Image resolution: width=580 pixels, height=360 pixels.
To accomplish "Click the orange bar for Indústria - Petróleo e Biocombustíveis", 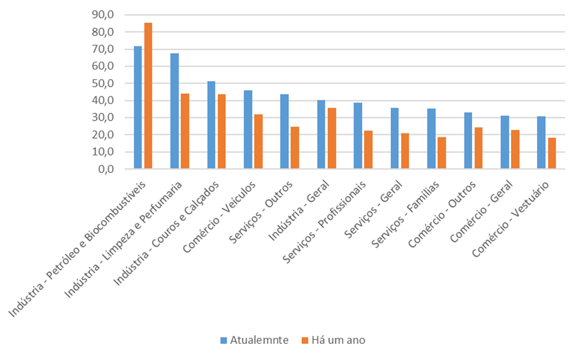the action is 148,96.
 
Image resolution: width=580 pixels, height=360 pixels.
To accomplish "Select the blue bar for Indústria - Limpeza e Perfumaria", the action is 174,111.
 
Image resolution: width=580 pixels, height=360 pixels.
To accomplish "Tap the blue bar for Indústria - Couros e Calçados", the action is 211,125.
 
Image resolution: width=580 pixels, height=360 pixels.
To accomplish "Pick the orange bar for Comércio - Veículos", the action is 258,141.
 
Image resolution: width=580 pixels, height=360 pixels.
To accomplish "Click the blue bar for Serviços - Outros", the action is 284,131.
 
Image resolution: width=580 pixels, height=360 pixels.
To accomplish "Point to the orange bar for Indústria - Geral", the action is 332,138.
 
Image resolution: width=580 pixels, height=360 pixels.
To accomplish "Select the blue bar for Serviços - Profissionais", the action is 357,136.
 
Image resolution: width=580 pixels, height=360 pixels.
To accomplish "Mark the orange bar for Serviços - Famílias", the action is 442,153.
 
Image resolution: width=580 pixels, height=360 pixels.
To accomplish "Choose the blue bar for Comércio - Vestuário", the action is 541,143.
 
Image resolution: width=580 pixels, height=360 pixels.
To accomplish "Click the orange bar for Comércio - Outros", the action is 478,148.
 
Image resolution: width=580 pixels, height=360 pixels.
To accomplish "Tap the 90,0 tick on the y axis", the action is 103,15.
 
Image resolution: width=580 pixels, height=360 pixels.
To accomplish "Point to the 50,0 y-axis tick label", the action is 103,83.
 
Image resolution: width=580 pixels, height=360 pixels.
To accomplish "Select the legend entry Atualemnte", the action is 255,340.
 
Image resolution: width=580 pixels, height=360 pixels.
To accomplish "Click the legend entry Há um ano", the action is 333,340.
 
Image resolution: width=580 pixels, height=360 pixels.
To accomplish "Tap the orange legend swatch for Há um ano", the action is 305,341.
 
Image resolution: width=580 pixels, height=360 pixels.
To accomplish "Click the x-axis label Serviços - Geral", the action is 373,210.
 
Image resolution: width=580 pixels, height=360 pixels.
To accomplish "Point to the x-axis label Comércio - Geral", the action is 481,211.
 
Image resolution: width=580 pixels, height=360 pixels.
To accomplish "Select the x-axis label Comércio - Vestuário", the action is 511,219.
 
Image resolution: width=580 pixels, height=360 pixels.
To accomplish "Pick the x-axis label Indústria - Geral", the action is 299,211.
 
